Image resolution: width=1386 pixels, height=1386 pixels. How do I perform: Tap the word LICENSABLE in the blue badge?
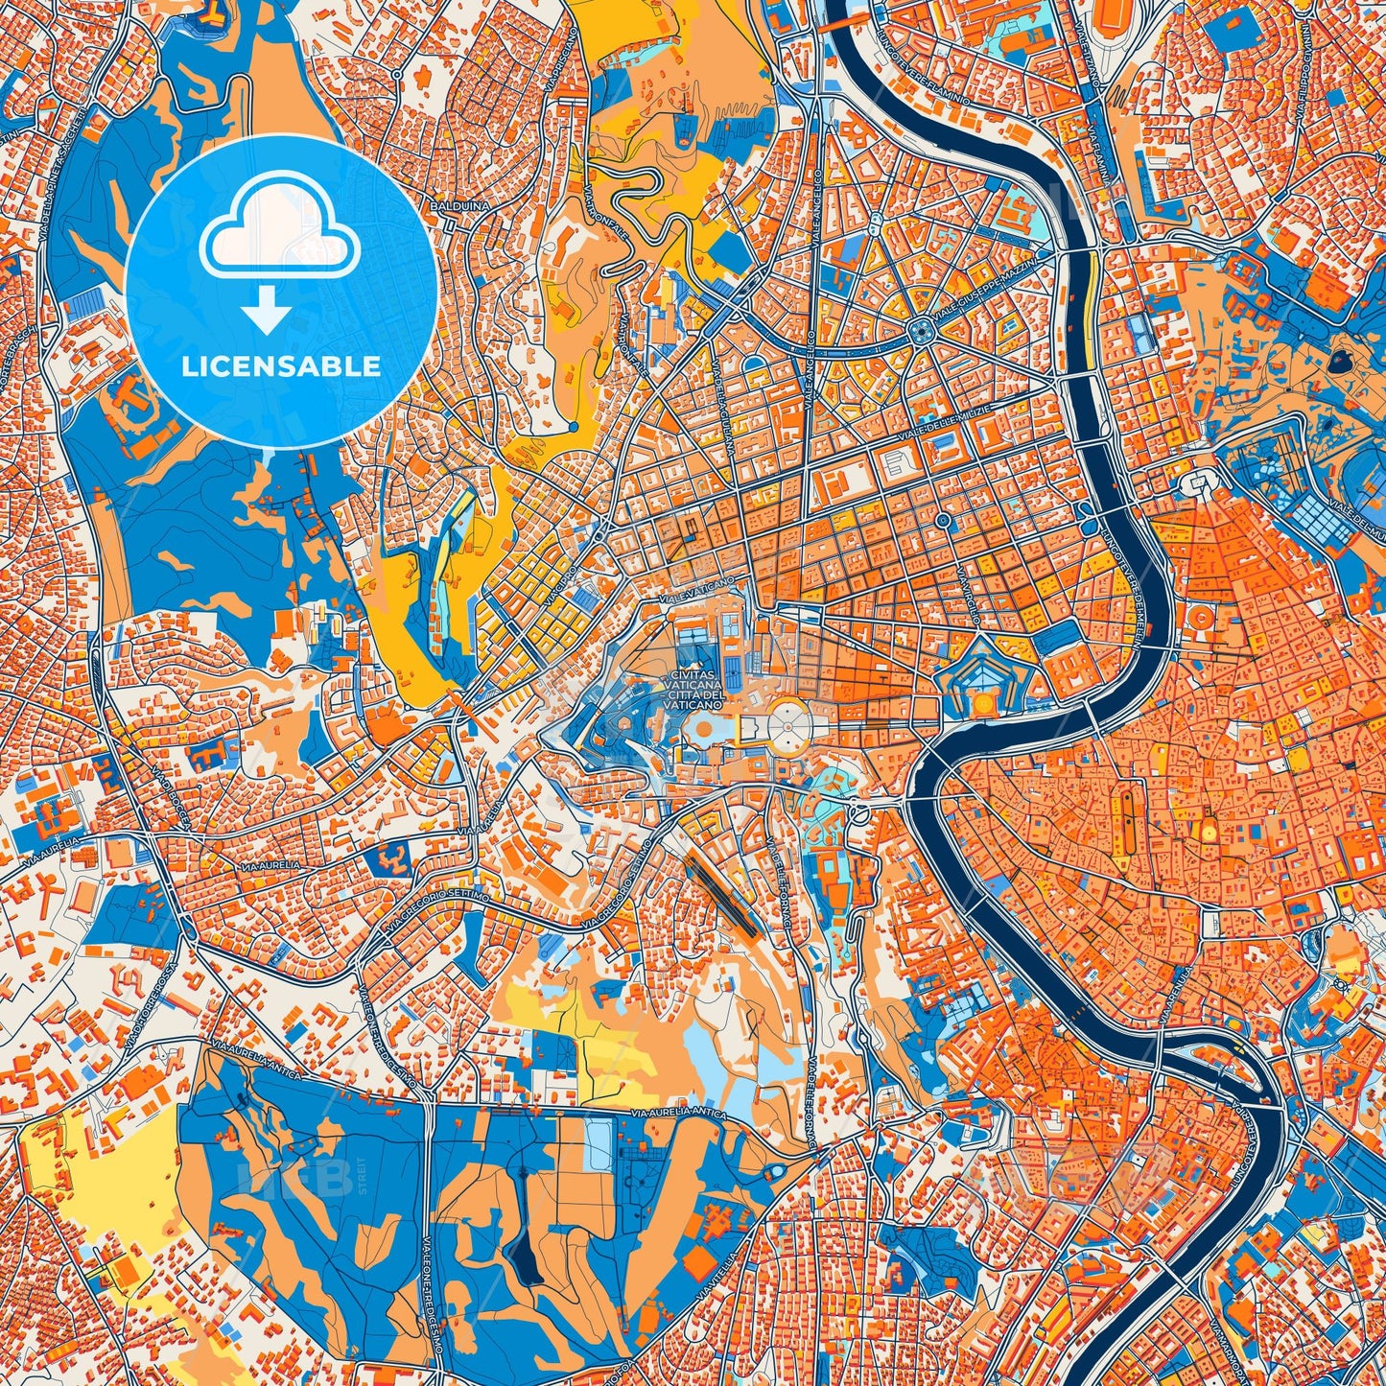[x=281, y=366]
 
